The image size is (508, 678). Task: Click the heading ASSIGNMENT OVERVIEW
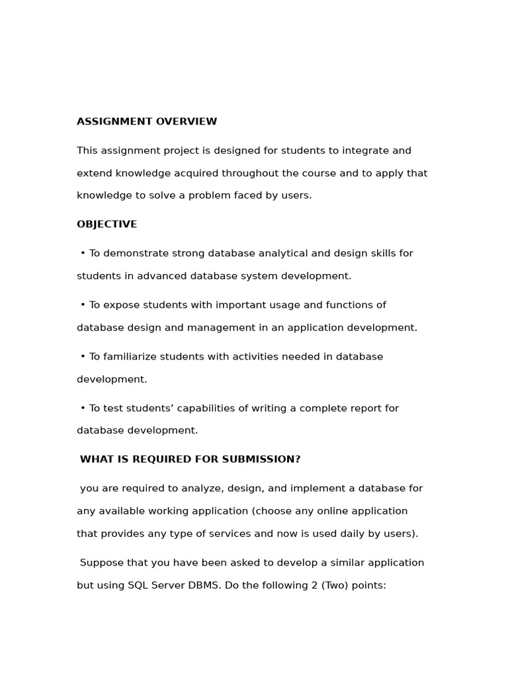(x=147, y=122)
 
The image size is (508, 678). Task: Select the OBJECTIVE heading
(x=106, y=224)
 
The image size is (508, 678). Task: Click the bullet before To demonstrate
(x=83, y=254)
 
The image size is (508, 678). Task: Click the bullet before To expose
(x=83, y=305)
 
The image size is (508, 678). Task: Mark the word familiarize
(x=130, y=357)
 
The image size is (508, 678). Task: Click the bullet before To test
(x=83, y=409)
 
